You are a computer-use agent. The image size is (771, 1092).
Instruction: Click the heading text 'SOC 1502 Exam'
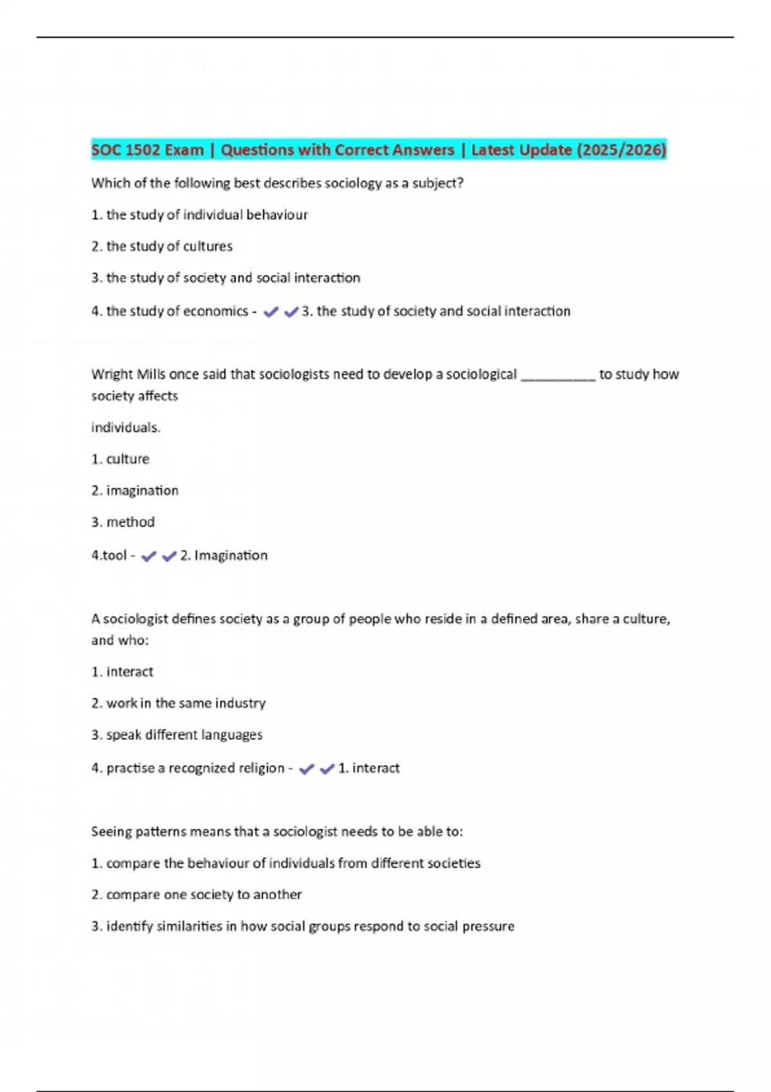147,150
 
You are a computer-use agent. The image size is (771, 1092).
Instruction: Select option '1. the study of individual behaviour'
199,215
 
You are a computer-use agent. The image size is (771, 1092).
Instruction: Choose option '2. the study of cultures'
162,247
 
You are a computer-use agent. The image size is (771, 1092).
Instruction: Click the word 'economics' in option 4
216,312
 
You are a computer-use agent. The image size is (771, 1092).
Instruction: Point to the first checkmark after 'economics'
271,312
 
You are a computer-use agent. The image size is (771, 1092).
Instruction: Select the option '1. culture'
120,459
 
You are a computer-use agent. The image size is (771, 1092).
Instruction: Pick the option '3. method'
123,522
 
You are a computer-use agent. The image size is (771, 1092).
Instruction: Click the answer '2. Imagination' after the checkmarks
224,556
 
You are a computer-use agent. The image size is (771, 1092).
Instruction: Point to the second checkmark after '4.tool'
169,556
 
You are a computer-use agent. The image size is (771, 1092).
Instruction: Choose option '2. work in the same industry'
178,703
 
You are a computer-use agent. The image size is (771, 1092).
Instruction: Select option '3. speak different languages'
177,735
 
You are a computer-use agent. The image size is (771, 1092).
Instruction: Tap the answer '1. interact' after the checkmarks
369,768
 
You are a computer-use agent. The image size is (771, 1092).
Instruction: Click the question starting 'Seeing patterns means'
276,832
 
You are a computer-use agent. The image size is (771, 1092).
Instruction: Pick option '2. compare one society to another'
196,895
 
